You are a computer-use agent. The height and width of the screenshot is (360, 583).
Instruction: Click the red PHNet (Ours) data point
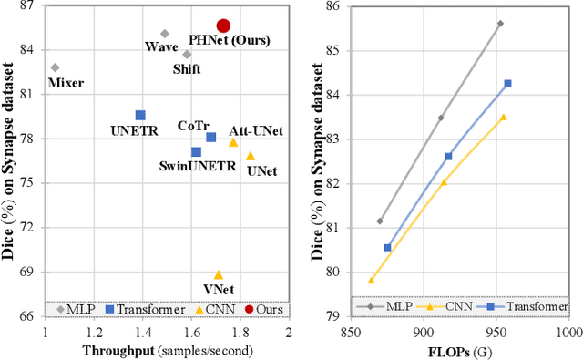[223, 26]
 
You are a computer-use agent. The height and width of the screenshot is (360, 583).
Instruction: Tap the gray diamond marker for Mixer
[55, 67]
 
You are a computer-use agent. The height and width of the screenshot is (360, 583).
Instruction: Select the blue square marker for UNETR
[140, 116]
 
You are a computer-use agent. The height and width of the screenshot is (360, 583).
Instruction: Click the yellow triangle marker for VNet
[219, 274]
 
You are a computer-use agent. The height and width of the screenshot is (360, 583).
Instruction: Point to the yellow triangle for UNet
[251, 157]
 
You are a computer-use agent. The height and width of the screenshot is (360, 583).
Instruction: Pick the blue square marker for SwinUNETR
[196, 152]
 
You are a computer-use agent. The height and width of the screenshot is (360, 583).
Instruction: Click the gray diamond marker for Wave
[165, 34]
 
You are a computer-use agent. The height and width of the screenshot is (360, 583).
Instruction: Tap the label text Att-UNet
[255, 131]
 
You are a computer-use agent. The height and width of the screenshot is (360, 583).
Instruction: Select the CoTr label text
[194, 127]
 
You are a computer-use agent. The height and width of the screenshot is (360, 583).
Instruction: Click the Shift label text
[188, 68]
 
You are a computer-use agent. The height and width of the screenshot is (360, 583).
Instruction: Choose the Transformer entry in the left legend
[146, 309]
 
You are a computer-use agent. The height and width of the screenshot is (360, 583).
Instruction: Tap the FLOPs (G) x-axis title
[460, 349]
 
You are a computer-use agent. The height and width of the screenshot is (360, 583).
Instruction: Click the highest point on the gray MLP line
[500, 24]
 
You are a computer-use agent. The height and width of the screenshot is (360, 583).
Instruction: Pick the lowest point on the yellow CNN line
[371, 280]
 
